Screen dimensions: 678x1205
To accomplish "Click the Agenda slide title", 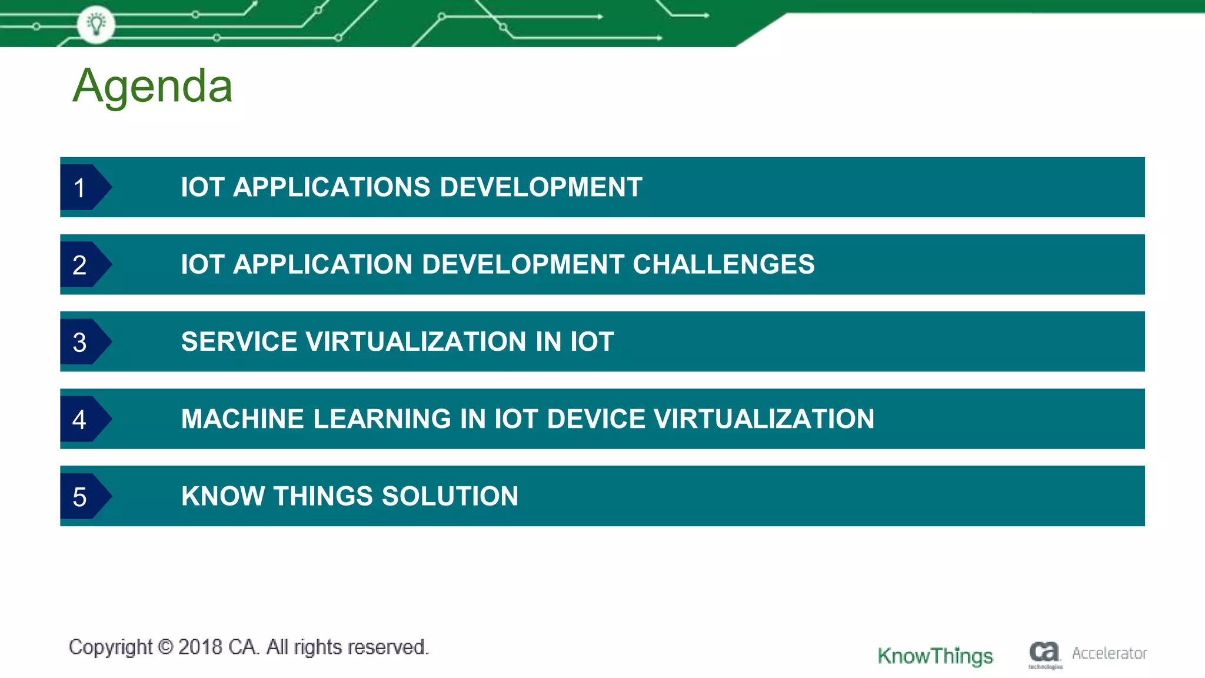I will tap(152, 87).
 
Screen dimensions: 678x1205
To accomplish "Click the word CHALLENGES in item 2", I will tap(723, 264).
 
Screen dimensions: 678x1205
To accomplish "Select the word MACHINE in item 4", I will tap(242, 419).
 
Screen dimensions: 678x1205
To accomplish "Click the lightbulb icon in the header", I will tap(96, 24).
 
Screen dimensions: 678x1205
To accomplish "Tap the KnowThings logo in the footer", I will tap(935, 656).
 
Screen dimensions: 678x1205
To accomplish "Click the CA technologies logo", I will tap(1044, 654).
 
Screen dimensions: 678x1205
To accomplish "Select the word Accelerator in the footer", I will tap(1109, 653).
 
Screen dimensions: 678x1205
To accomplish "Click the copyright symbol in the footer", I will tap(166, 647).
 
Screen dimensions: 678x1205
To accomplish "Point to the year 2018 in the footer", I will tap(200, 647).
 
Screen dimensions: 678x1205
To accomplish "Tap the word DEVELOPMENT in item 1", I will tap(541, 187).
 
